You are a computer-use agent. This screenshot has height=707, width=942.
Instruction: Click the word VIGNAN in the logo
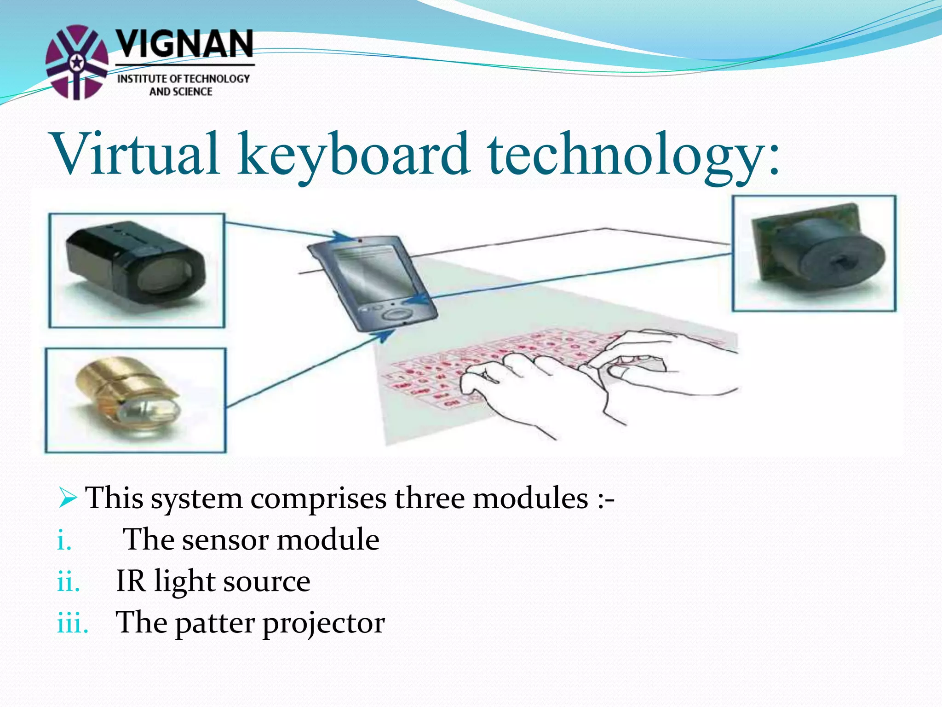coord(184,44)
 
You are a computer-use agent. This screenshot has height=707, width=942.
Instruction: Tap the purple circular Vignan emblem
coord(77,62)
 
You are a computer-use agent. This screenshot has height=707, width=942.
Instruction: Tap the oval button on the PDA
coord(396,314)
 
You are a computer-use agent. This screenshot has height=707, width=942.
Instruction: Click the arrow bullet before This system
coord(67,498)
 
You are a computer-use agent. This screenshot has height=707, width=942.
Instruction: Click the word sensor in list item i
coord(225,540)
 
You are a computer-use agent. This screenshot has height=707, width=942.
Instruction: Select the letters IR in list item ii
coord(131,581)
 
